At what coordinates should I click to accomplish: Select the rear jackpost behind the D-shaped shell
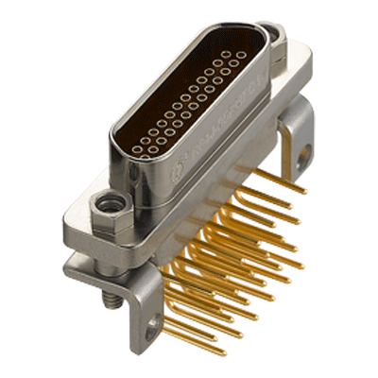[x=275, y=38]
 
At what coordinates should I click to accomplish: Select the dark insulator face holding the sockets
[x=184, y=104]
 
